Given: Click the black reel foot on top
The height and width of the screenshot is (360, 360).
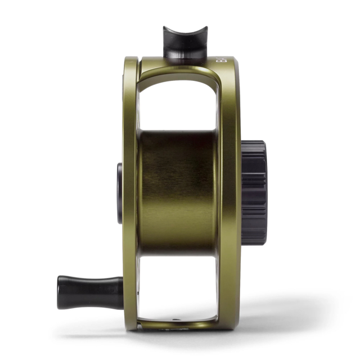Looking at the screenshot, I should pyautogui.click(x=185, y=44).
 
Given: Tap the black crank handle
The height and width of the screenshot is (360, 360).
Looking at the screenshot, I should pyautogui.click(x=90, y=292).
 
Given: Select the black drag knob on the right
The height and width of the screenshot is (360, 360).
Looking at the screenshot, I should pyautogui.click(x=255, y=192).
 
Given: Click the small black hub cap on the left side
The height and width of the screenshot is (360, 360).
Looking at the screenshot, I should pyautogui.click(x=119, y=193).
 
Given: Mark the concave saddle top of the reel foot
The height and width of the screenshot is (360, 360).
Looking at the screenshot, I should pyautogui.click(x=185, y=31).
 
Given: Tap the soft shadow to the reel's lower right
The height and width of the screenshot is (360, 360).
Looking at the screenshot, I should pyautogui.click(x=281, y=315).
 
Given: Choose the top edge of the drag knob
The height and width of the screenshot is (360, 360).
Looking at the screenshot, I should pyautogui.click(x=254, y=143).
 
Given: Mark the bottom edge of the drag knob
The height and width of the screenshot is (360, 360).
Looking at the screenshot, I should pyautogui.click(x=255, y=242).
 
